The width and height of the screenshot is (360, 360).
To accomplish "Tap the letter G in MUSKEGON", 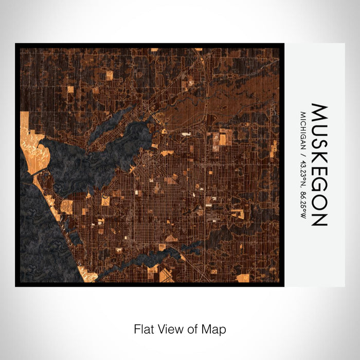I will tap(319, 183).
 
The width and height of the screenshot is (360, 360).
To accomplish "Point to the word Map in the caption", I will tap(215, 329).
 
